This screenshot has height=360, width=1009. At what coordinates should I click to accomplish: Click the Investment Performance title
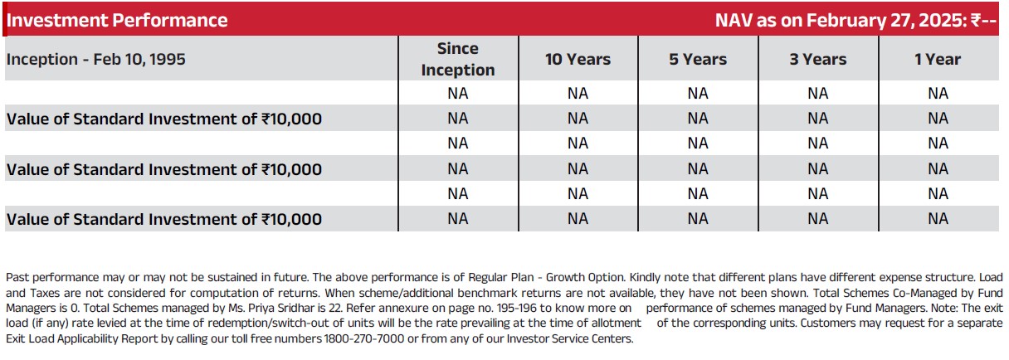(x=117, y=20)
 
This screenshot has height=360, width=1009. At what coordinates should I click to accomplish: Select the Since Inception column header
(x=458, y=59)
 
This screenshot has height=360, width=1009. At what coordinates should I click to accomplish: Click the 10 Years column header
(x=578, y=59)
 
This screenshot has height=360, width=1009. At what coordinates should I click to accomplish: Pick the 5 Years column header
(x=698, y=59)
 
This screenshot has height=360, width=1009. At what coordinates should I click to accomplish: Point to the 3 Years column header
(x=818, y=59)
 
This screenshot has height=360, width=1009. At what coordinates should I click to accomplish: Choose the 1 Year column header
(x=938, y=59)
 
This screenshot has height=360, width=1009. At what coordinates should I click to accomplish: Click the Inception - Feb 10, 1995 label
(x=96, y=59)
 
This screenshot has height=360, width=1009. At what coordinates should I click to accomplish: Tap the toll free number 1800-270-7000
(x=364, y=338)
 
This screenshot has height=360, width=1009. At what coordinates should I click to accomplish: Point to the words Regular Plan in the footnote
(x=501, y=277)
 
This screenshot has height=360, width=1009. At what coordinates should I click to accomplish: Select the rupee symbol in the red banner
(x=976, y=21)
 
